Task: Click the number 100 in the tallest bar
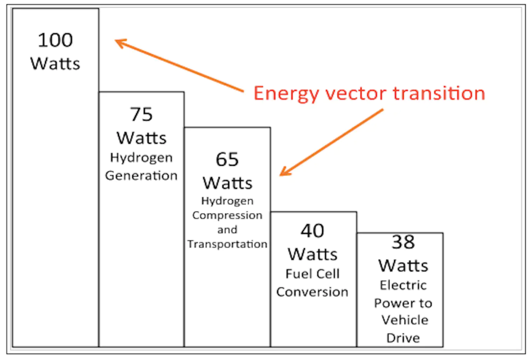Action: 55,40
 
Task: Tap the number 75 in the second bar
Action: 141,114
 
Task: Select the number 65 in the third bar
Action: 227,159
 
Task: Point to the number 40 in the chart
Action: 313,230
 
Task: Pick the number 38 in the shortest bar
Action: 403,241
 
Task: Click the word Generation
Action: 141,176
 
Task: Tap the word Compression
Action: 227,215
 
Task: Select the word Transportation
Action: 227,244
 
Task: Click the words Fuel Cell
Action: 313,273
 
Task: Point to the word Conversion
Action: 312,292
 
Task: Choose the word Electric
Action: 403,285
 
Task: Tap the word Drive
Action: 403,338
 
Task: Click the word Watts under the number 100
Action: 55,63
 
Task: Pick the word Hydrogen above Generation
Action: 141,158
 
